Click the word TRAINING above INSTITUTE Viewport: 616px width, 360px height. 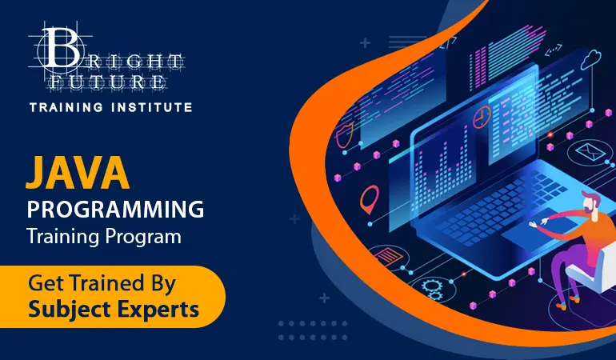coord(66,107)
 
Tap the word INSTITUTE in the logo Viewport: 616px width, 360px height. coord(152,107)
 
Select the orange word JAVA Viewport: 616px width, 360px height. coord(78,174)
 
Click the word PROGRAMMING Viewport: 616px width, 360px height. coord(115,209)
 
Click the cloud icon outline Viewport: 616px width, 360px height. coord(591,59)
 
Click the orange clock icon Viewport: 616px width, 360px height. coord(482,117)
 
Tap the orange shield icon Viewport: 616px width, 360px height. coord(345,135)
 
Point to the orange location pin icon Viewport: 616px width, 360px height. coord(370,199)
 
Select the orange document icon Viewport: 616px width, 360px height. coord(389,256)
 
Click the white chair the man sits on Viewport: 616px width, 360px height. coord(590,267)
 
